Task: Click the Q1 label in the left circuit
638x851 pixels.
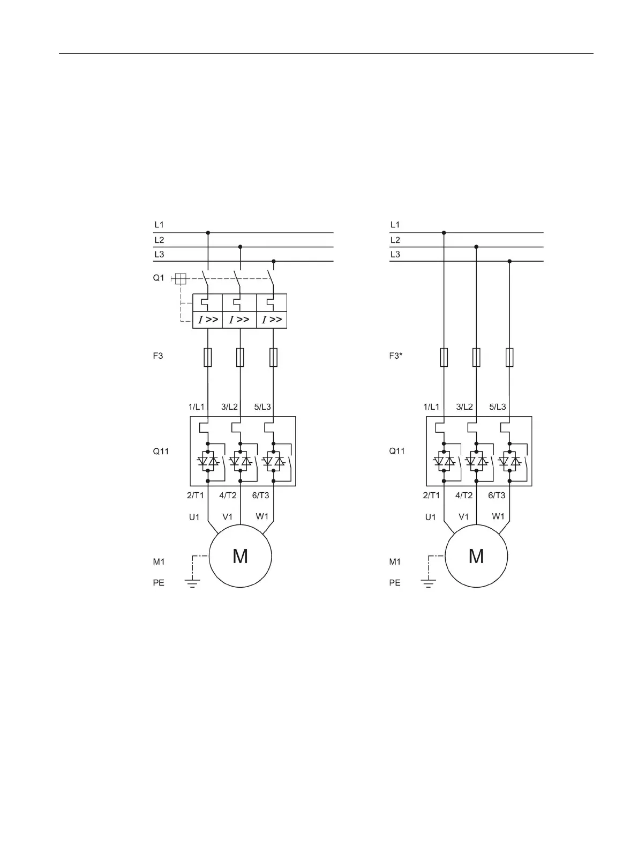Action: pyautogui.click(x=159, y=278)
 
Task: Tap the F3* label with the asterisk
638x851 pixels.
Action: pyautogui.click(x=396, y=356)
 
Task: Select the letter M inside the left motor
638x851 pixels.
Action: pyautogui.click(x=240, y=557)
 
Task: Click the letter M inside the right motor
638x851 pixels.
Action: pyautogui.click(x=476, y=557)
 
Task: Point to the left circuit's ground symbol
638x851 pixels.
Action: pyautogui.click(x=192, y=583)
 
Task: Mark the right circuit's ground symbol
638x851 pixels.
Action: pyautogui.click(x=428, y=583)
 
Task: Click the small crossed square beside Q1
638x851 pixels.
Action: pyautogui.click(x=181, y=279)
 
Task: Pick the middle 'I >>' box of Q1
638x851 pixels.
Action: pyautogui.click(x=239, y=320)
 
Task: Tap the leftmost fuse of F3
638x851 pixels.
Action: pyautogui.click(x=208, y=357)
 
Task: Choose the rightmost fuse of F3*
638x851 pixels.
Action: pyautogui.click(x=509, y=357)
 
